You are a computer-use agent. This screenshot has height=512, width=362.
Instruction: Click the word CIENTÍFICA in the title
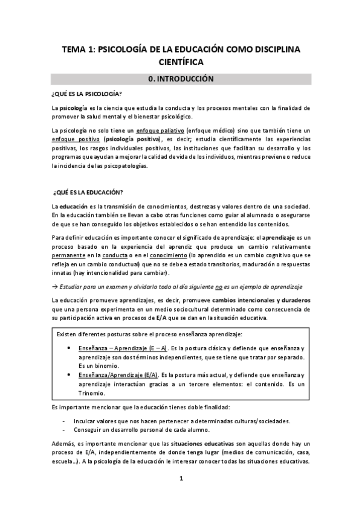pos(181,62)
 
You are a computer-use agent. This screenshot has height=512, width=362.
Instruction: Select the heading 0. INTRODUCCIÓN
pos(181,78)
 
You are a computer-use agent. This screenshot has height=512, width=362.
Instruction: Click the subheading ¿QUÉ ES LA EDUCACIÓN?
pos(88,192)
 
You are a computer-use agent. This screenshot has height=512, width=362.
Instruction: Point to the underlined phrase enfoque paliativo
pos(159,130)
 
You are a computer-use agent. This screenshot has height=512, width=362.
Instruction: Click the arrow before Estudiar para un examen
pos(54,286)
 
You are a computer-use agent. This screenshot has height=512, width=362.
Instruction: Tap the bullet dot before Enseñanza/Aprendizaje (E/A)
pos(72,375)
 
